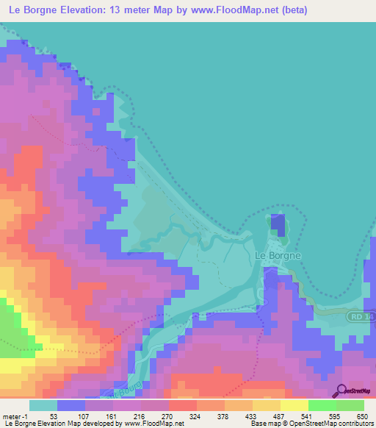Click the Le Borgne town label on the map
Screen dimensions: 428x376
pos(277,255)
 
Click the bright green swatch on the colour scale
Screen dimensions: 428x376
pos(322,404)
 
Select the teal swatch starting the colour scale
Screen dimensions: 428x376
pos(43,404)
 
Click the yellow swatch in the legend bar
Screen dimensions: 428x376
pos(294,404)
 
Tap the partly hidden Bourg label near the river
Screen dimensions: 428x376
pos(121,389)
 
